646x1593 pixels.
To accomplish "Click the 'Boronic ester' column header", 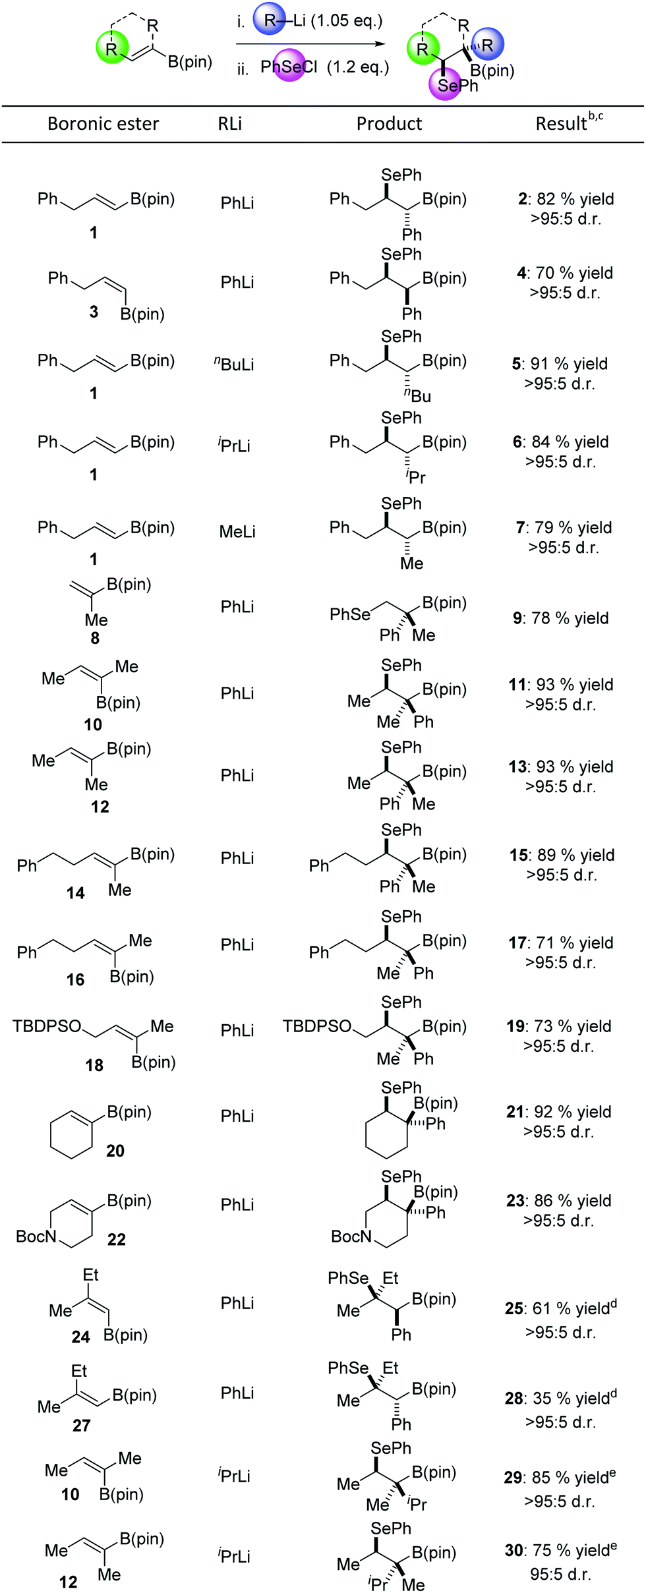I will point(103,124).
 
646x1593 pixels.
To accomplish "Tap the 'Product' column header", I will point(389,124).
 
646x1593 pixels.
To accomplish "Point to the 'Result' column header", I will point(561,124).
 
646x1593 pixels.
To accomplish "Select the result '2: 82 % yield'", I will point(566,199).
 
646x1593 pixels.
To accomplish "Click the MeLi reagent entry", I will point(237,531).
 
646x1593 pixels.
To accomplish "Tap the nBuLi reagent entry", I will point(234,364).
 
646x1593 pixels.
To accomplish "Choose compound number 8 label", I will point(95,638).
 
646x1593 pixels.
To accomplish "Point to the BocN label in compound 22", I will point(36,1236).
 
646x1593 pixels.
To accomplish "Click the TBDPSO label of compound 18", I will point(47,1026).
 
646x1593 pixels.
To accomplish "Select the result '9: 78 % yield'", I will point(561,618).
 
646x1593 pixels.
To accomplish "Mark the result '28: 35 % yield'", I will point(561,1399).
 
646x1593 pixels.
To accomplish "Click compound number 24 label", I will point(80,1337).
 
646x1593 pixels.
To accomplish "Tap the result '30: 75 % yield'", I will point(561,1551).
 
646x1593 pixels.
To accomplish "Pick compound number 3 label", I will point(94,312).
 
